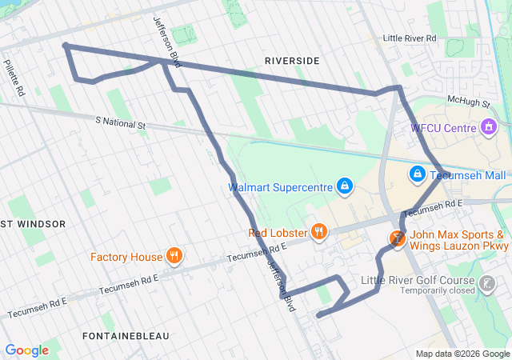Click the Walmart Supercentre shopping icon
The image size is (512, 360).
(x=344, y=187)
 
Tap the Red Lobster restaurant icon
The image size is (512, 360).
(x=318, y=233)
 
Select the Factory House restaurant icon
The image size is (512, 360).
(x=174, y=257)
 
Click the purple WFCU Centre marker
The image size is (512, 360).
(x=488, y=127)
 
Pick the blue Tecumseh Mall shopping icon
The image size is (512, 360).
(x=417, y=174)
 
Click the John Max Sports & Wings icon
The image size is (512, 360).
(x=397, y=238)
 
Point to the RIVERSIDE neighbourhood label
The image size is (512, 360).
(x=291, y=61)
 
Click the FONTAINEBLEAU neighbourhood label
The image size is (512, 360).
(x=125, y=336)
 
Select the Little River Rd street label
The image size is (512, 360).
(x=409, y=38)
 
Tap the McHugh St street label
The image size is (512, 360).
(x=467, y=101)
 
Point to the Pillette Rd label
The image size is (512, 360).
(x=14, y=78)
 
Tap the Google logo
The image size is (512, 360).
(x=26, y=350)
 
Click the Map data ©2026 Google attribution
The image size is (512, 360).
(x=462, y=354)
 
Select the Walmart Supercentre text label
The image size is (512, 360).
(x=280, y=188)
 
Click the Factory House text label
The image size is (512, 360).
(x=126, y=258)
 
